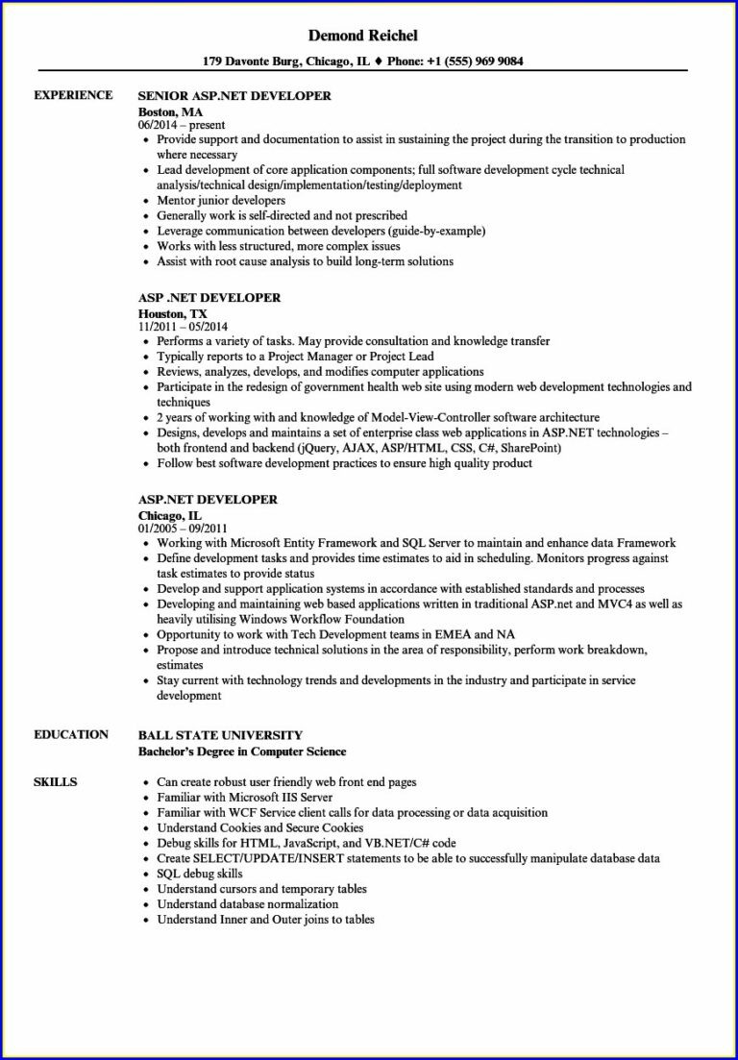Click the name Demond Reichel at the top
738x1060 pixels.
pos(363,36)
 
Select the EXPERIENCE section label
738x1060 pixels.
pos(73,95)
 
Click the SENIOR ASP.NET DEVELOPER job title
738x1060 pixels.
pos(234,96)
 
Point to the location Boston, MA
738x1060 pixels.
pos(170,111)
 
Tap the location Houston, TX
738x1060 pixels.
pos(172,312)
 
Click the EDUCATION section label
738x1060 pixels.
pos(71,734)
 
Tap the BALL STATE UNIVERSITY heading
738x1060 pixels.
pos(220,735)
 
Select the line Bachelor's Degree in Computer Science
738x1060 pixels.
pos(242,751)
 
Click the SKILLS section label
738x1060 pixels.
pos(55,781)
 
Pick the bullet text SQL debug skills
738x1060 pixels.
pos(199,874)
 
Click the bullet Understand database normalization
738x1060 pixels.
pos(247,904)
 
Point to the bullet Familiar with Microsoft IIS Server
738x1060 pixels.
pos(244,797)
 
